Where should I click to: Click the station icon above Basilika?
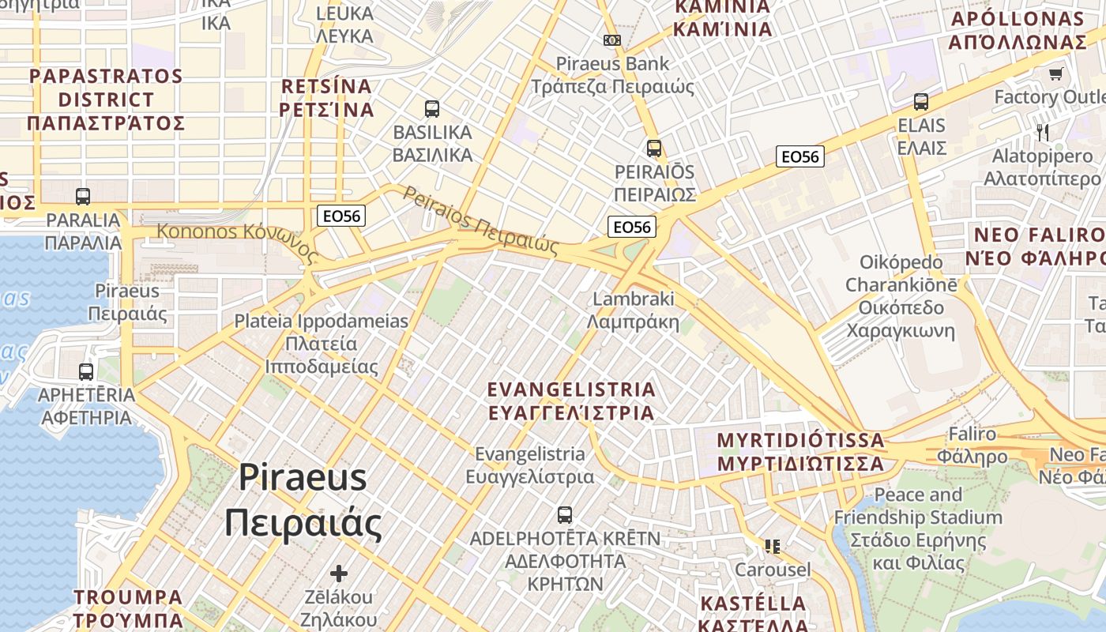(431, 108)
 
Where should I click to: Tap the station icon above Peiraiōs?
(653, 148)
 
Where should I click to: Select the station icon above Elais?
(920, 101)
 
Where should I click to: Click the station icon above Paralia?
(83, 196)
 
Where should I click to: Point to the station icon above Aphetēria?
(86, 371)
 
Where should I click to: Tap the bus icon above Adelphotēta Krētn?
(564, 515)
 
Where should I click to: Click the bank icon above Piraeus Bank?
(612, 39)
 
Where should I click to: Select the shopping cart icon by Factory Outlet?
(1055, 74)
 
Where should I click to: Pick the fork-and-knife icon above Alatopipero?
(1043, 132)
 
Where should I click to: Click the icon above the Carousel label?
(772, 546)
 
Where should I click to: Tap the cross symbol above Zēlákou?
(339, 573)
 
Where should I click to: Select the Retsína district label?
(326, 97)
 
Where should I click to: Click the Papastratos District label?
(106, 100)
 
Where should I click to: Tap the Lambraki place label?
(634, 310)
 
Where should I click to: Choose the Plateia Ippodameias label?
(321, 344)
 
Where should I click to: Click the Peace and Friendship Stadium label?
(918, 529)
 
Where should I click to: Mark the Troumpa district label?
(128, 608)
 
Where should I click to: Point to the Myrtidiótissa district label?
(800, 451)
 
